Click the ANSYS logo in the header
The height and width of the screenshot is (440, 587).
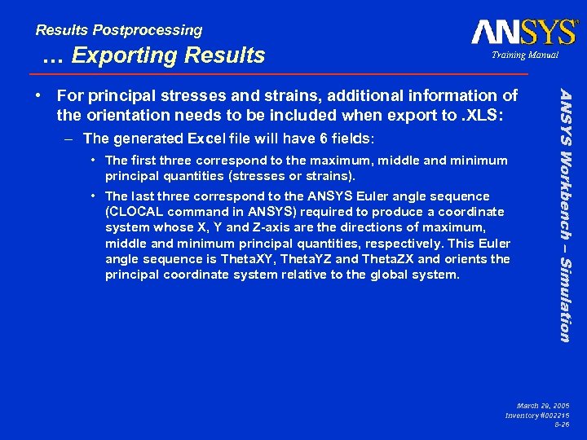pos(523,32)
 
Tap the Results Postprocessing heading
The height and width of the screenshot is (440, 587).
pos(118,30)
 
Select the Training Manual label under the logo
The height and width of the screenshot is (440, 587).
pos(524,55)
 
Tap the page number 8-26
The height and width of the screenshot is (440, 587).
pos(561,425)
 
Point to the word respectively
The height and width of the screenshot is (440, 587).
pos(395,244)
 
